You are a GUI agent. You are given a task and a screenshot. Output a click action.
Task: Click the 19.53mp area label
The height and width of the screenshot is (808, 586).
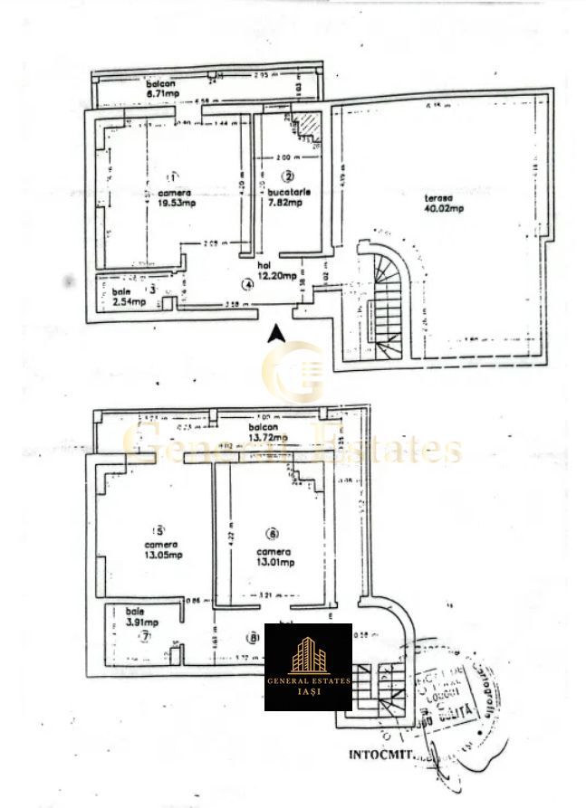[177, 203]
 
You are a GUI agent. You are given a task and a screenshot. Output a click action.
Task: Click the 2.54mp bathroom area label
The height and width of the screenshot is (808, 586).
[129, 301]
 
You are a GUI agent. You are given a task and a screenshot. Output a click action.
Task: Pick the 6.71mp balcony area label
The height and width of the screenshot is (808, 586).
[164, 91]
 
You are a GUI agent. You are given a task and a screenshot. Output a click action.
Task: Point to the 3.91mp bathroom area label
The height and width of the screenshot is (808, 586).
[141, 623]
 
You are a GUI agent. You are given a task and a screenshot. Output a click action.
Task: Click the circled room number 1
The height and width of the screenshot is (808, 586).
[173, 176]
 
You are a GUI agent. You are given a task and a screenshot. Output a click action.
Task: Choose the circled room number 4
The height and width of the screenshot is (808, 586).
[245, 283]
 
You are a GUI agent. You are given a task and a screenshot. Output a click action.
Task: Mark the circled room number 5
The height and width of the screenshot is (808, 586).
[160, 530]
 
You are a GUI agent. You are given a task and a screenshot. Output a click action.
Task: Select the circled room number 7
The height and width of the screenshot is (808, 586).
[144, 637]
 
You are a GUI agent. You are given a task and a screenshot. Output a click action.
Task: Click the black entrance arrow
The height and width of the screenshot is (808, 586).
[278, 333]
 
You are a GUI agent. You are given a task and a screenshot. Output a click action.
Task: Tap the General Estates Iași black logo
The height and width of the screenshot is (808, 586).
[308, 667]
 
